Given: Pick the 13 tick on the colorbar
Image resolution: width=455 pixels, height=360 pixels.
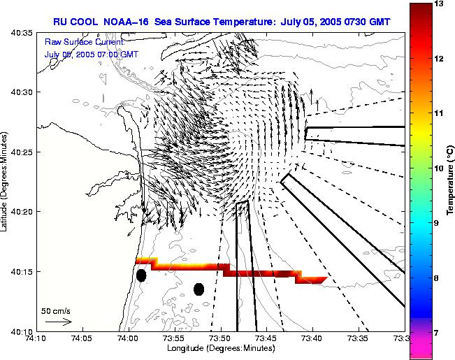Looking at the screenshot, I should click(438, 4).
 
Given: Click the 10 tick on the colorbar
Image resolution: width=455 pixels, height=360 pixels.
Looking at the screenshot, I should click(438, 168).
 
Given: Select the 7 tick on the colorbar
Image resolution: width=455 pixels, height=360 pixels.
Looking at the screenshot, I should click(438, 333).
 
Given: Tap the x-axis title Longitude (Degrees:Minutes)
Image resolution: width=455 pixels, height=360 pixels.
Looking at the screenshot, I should click(220, 348).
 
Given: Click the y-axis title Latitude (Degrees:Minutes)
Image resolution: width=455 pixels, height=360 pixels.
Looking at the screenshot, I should click(6, 182).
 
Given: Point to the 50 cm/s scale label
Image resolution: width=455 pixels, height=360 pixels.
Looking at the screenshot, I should click(55, 310).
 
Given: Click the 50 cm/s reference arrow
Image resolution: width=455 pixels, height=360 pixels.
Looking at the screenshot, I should click(58, 322).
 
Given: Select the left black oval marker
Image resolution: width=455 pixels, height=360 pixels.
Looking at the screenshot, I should click(141, 275).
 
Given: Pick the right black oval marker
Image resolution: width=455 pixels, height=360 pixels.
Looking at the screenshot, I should click(199, 289).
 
